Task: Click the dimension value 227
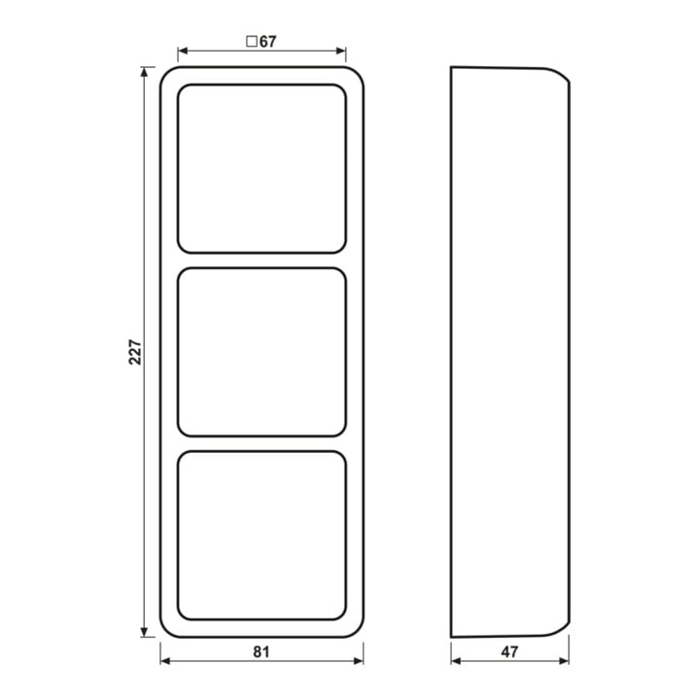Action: point(135,352)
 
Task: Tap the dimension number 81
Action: point(262,652)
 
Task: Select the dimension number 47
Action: point(509,652)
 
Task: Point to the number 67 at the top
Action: point(268,42)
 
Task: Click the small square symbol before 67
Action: point(252,42)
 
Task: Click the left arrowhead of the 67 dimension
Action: point(183,51)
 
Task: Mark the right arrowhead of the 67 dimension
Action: point(340,51)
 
